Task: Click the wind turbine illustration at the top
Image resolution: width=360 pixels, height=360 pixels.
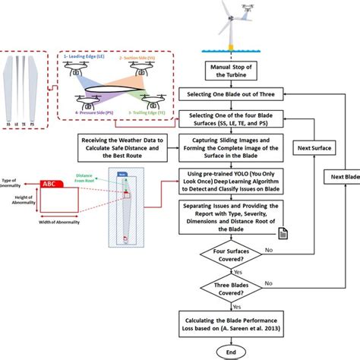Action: click(234, 23)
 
